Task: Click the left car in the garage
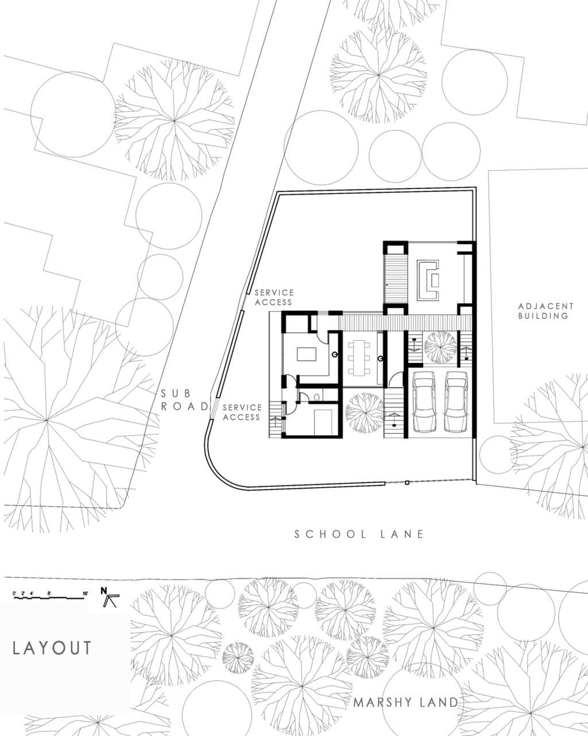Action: pyautogui.click(x=425, y=402)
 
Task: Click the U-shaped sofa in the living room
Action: pyautogui.click(x=428, y=280)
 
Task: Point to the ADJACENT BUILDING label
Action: pyautogui.click(x=546, y=311)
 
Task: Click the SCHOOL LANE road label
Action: pyautogui.click(x=359, y=534)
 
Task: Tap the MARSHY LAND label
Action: pyautogui.click(x=405, y=702)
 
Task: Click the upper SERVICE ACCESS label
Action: pyautogui.click(x=274, y=297)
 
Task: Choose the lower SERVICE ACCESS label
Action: pyautogui.click(x=242, y=412)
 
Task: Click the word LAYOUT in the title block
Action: pyautogui.click(x=52, y=648)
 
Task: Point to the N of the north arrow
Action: pyautogui.click(x=104, y=590)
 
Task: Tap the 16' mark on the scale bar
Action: pyautogui.click(x=84, y=592)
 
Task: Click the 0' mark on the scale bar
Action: pyautogui.click(x=14, y=592)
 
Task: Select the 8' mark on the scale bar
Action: pyautogui.click(x=49, y=592)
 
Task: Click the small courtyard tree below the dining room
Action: pyautogui.click(x=365, y=412)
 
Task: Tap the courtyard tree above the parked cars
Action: pyautogui.click(x=440, y=347)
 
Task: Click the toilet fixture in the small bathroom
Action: pyautogui.click(x=318, y=396)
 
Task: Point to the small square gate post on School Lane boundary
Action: pyautogui.click(x=407, y=483)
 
